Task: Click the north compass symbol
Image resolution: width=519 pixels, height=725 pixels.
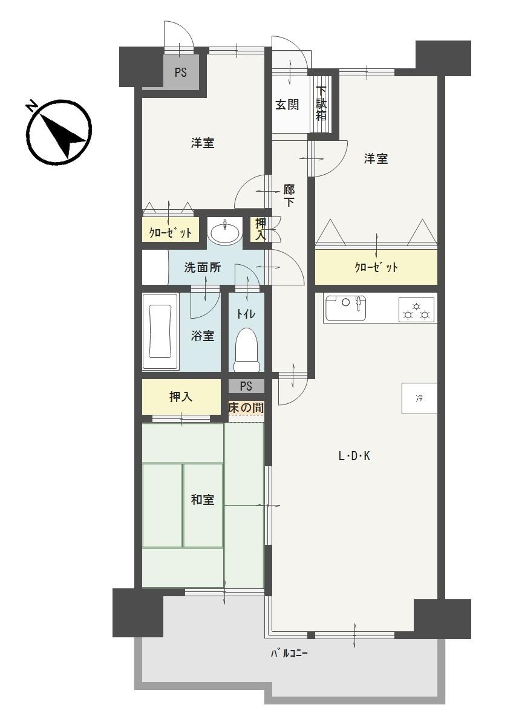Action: click(x=57, y=133)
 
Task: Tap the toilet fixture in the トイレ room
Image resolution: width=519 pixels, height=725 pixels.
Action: click(x=247, y=349)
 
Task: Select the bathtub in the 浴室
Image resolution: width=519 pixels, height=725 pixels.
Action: click(x=160, y=331)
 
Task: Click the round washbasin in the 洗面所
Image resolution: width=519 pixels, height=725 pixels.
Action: click(x=224, y=230)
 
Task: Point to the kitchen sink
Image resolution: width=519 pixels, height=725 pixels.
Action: click(x=345, y=308)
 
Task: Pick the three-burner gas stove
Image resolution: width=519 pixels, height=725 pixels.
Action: click(x=416, y=310)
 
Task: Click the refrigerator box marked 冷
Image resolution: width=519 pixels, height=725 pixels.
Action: click(x=419, y=398)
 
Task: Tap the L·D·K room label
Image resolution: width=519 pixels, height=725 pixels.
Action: click(x=354, y=457)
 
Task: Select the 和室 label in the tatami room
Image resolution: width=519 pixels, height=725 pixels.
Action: click(x=203, y=499)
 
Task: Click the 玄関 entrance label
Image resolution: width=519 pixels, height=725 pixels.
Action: click(x=287, y=105)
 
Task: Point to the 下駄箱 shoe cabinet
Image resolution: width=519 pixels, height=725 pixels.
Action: click(x=321, y=104)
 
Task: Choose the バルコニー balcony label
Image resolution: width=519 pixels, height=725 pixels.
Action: click(x=289, y=654)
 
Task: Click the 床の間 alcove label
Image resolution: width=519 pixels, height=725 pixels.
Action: click(x=246, y=408)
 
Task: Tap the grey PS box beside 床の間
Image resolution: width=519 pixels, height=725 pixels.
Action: click(x=246, y=386)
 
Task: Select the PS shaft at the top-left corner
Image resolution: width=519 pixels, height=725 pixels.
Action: click(x=181, y=73)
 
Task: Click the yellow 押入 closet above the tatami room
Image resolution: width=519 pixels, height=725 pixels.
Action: click(x=181, y=397)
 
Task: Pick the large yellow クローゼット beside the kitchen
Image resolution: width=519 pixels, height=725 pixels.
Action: click(x=376, y=267)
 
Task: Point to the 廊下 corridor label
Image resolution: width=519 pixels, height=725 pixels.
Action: click(x=289, y=195)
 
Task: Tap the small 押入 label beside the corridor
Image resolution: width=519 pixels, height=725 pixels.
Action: click(x=261, y=229)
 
